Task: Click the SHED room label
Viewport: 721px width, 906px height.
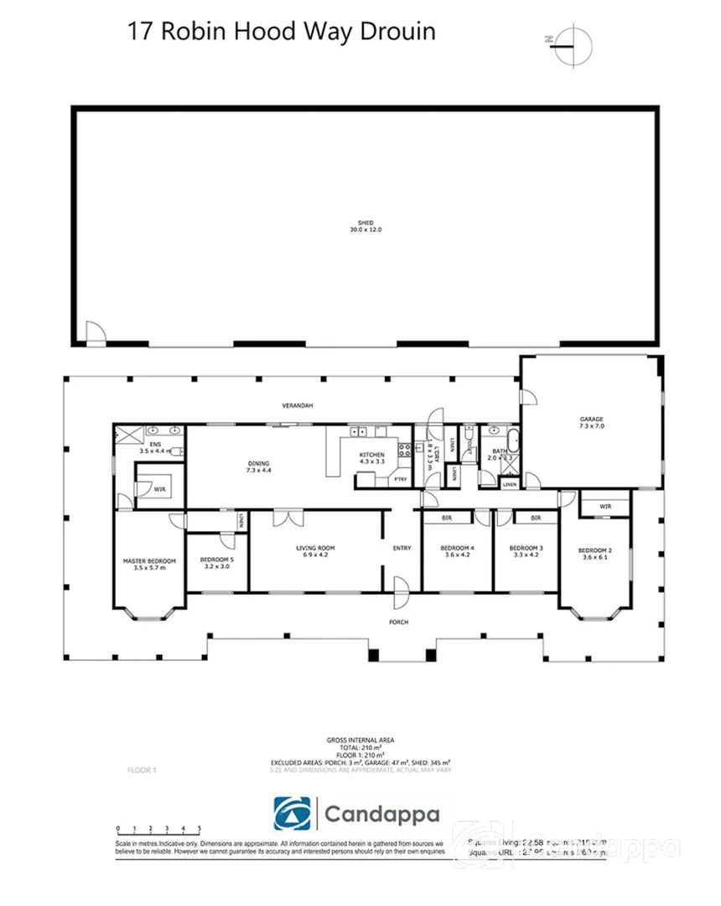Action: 366,223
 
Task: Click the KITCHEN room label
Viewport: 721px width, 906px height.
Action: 371,455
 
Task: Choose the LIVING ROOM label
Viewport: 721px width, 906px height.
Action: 315,550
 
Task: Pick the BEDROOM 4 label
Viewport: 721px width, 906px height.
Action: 458,550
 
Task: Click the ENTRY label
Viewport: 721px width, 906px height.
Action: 402,549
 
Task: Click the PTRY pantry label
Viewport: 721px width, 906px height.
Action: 401,479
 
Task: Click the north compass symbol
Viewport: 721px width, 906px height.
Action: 573,40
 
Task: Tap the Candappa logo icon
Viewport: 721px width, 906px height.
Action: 296,813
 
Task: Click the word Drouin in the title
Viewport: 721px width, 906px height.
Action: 397,32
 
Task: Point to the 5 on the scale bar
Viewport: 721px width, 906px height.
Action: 199,828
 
